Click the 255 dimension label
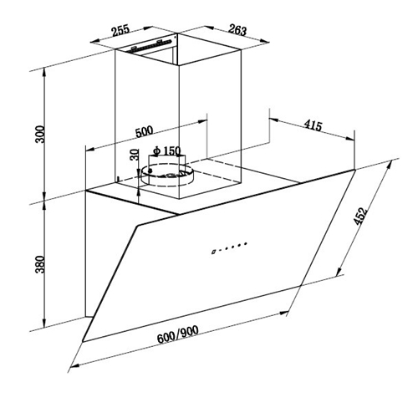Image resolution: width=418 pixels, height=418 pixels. [x=121, y=30]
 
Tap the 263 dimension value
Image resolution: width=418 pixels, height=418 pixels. [x=237, y=30]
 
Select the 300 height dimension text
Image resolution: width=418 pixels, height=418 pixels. [x=40, y=135]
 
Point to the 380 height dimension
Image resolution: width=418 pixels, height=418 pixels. [x=40, y=264]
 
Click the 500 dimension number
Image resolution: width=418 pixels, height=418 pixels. [x=145, y=131]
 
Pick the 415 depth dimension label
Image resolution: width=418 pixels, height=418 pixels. [x=313, y=125]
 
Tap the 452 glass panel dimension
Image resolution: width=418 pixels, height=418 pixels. [x=360, y=216]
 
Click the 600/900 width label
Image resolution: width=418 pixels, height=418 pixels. [x=178, y=334]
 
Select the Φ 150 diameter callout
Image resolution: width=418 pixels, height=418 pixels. [x=167, y=150]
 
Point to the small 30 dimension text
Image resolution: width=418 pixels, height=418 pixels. [x=135, y=155]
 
